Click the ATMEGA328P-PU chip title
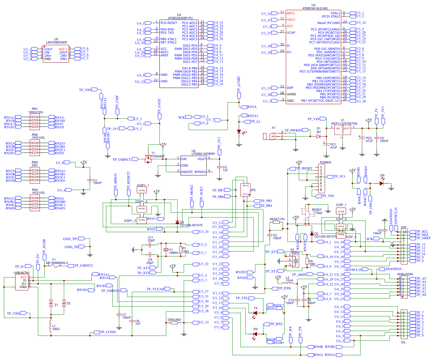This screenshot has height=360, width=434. [180, 18]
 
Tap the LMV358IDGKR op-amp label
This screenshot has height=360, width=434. [56, 42]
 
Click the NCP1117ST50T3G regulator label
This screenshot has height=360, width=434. [344, 123]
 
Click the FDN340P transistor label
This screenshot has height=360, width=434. [158, 156]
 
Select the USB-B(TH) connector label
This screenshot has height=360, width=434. [21, 273]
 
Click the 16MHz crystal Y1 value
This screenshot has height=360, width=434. [174, 253]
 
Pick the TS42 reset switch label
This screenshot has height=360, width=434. [319, 213]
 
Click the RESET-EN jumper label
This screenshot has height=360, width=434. [277, 219]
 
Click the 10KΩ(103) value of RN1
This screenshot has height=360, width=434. [36, 112]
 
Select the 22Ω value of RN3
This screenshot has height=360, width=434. [35, 165]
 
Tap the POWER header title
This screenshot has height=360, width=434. [325, 162]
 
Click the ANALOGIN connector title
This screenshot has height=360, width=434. [405, 274]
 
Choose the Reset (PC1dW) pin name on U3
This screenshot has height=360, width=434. [329, 23]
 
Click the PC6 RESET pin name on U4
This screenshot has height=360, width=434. [169, 23]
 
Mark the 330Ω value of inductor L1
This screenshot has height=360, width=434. [56, 329]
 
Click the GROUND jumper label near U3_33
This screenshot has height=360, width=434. [174, 319]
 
